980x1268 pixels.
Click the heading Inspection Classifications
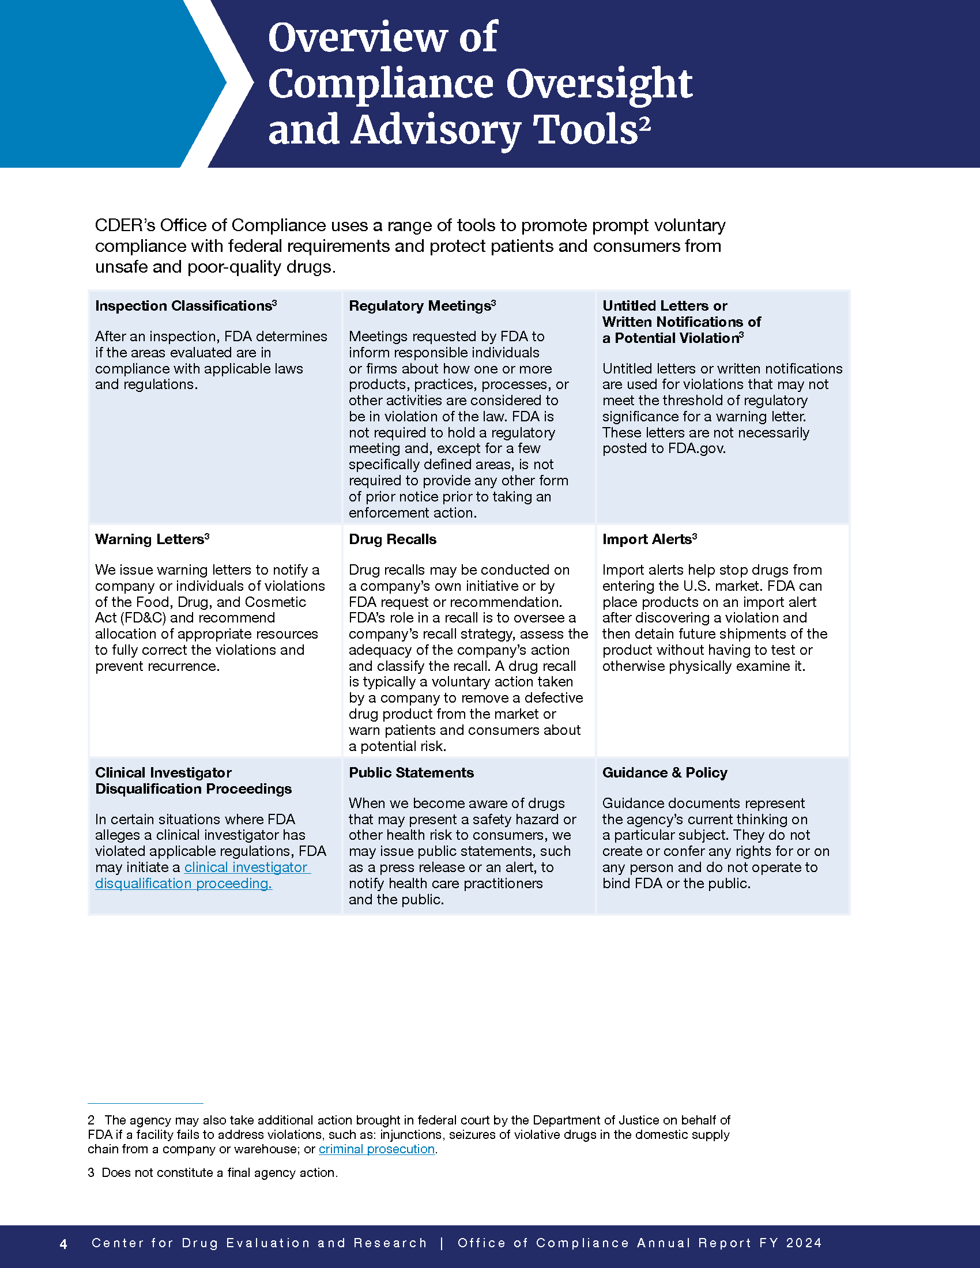pos(183,306)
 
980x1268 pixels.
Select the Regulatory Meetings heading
pos(420,306)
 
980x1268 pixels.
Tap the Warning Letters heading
pos(149,539)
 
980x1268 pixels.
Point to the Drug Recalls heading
pos(393,539)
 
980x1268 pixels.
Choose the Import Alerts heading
pos(647,539)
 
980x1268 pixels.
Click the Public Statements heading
pos(411,773)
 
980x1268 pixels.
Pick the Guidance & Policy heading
pos(665,773)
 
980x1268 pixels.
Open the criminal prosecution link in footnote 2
pos(376,1149)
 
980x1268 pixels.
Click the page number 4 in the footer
pos(63,1244)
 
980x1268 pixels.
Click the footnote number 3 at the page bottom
pos(91,1173)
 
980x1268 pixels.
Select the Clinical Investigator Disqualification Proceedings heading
pos(193,781)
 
